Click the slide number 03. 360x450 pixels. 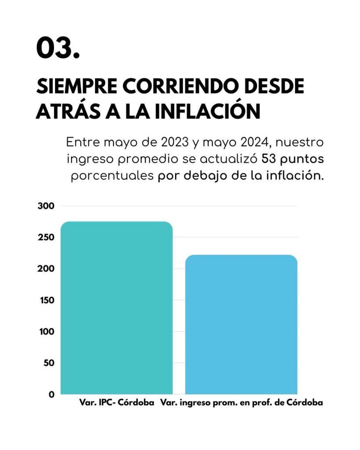point(58,47)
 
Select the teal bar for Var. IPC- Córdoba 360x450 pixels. point(116,308)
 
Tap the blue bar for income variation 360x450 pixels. point(241,324)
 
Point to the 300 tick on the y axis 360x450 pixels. point(46,206)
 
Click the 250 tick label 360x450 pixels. point(46,237)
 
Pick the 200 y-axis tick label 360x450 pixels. point(46,269)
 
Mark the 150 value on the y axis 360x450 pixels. point(47,300)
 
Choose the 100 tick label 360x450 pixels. point(47,331)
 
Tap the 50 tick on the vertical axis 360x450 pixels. point(49,363)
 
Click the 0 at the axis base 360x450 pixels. point(51,394)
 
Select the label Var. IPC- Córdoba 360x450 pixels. point(116,403)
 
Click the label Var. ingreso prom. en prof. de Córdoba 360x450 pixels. point(241,403)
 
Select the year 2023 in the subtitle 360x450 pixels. point(175,142)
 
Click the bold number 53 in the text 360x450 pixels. point(269,159)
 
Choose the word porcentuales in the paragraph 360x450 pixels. point(112,176)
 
